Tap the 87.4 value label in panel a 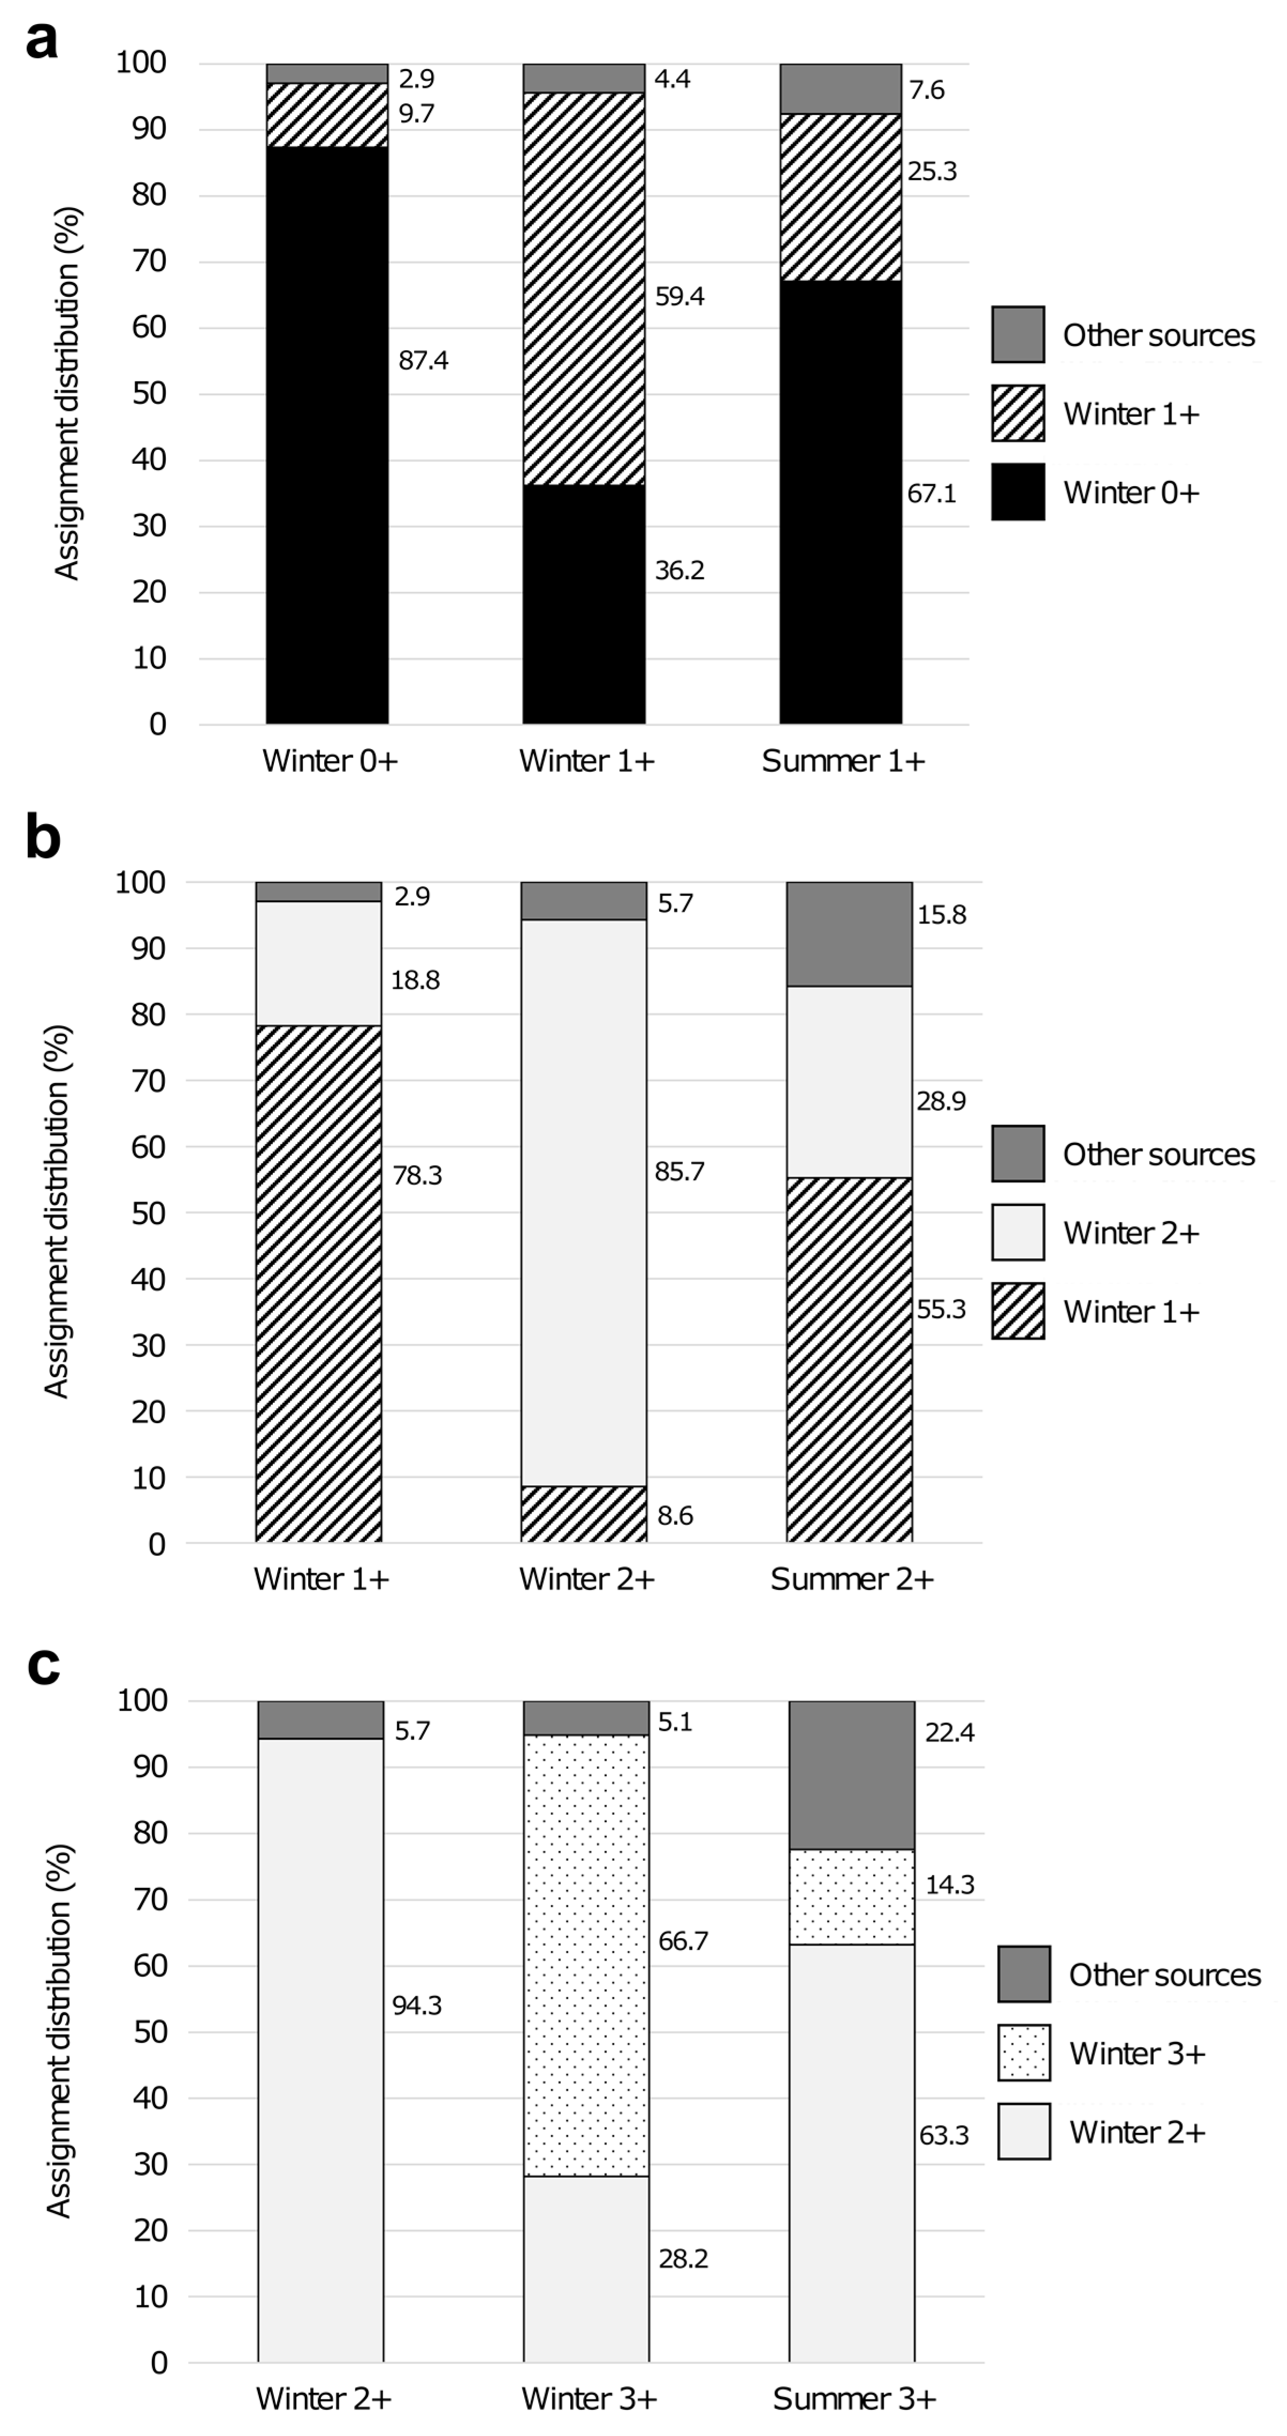423,360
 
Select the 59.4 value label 679,297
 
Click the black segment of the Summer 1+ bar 840,501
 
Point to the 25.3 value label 931,171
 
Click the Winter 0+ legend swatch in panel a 1017,491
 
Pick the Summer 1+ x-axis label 842,761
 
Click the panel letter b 43,838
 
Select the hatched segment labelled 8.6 584,1514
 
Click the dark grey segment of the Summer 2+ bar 849,934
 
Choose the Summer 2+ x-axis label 851,1579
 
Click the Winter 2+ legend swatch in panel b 1017,1232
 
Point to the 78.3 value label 417,1175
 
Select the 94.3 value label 417,2005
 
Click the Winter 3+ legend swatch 1023,2053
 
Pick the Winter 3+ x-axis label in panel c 588,2399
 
